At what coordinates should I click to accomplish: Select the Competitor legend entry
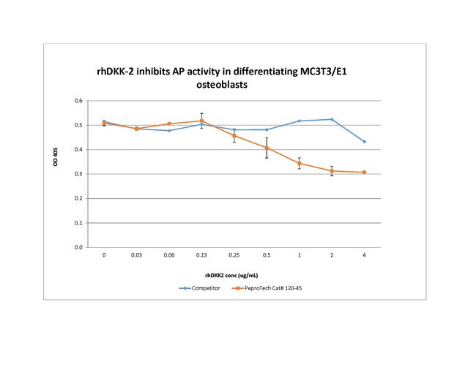200,289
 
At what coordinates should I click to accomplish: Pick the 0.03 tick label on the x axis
137,255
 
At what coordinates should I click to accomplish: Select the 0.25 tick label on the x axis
234,255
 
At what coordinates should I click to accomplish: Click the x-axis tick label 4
364,255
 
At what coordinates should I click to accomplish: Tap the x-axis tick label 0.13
201,255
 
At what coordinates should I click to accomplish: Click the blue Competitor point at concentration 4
364,142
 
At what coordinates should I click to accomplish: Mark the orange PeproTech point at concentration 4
364,173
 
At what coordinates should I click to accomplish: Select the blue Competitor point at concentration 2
332,119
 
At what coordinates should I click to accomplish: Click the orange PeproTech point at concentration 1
300,164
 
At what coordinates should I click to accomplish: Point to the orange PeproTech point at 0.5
267,148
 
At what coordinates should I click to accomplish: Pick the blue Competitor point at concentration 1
300,121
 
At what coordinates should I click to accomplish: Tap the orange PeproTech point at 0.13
201,121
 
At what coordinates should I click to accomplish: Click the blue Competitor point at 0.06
169,130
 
